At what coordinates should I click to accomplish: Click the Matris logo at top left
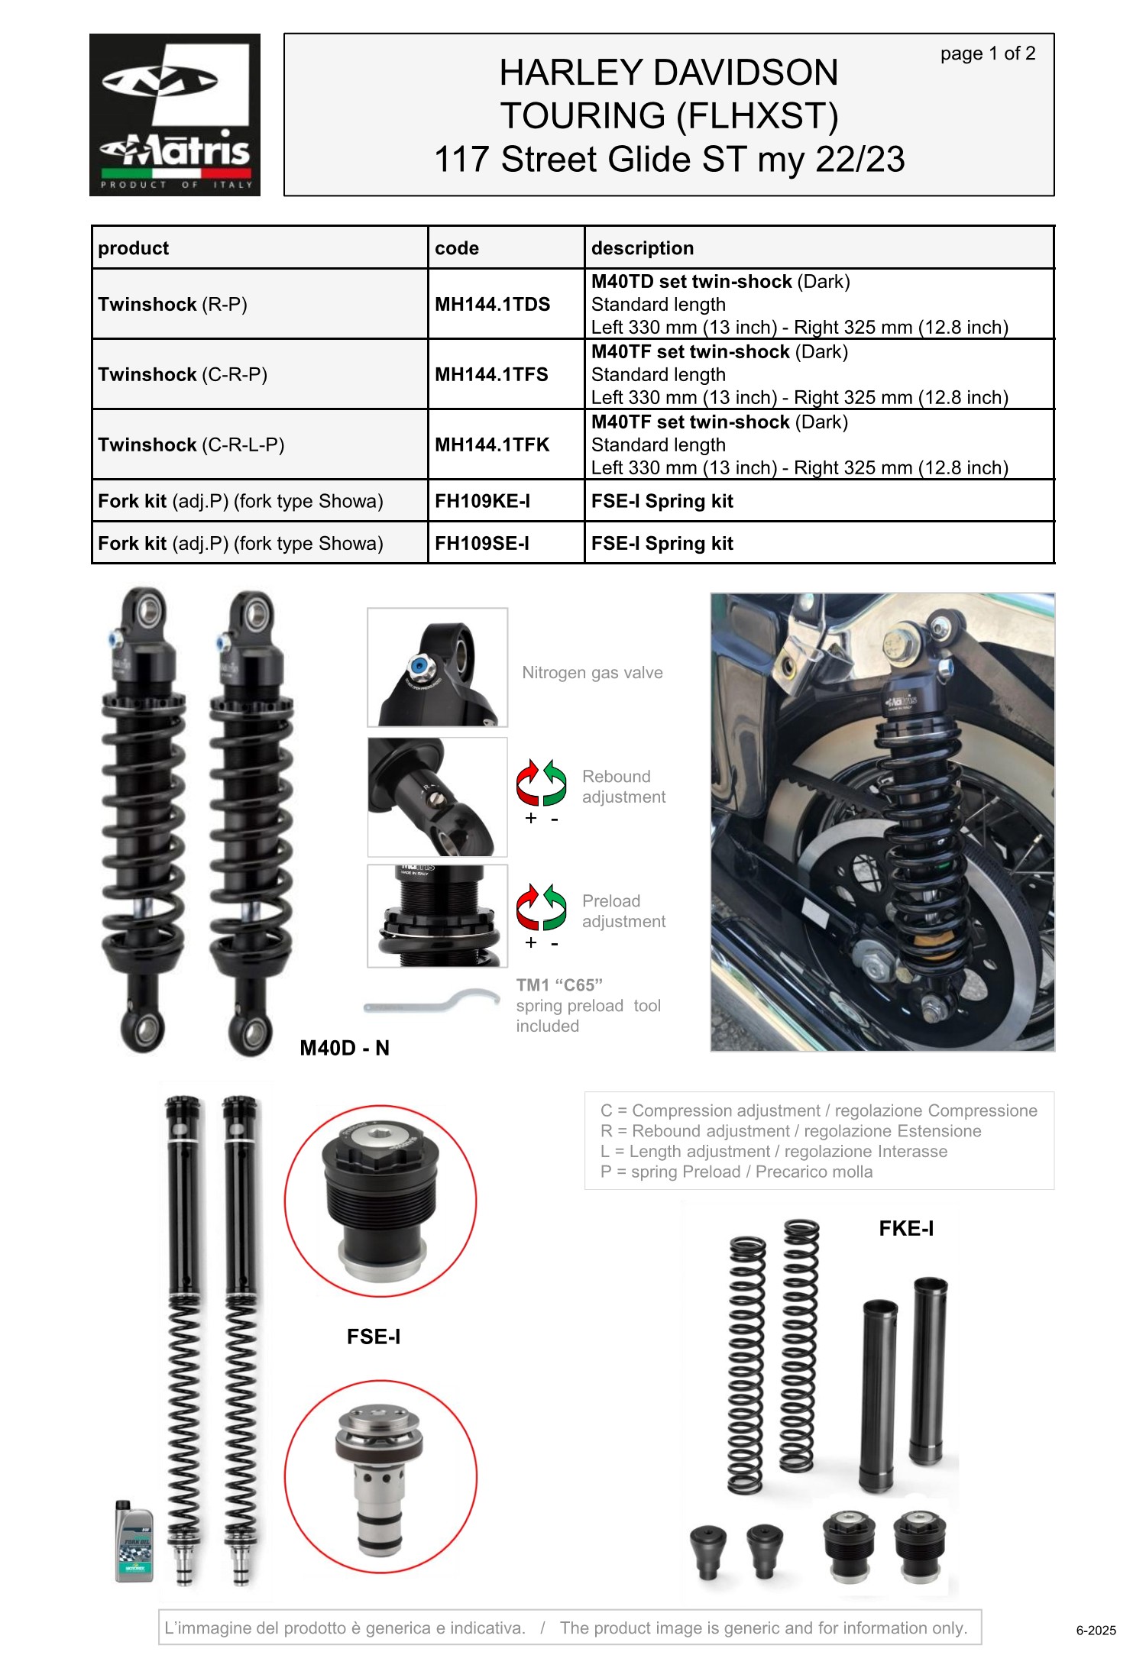(x=175, y=115)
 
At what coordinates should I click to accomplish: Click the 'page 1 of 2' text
(x=988, y=53)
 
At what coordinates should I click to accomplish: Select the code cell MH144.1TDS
(x=493, y=304)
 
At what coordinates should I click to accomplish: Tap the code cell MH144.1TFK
(x=492, y=444)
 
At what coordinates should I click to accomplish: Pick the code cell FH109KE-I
(x=482, y=501)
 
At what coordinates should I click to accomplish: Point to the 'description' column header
(x=643, y=248)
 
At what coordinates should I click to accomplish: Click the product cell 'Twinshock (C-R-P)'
(x=183, y=374)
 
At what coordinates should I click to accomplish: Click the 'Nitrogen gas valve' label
(x=592, y=673)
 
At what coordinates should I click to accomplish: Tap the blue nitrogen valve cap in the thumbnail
(x=417, y=666)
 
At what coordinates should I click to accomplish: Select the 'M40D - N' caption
(x=345, y=1048)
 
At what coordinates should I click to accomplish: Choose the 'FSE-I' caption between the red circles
(x=374, y=1337)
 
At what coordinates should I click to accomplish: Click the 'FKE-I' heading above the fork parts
(x=906, y=1228)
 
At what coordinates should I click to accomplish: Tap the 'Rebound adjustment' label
(x=623, y=787)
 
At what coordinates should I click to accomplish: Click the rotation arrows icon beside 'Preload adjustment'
(x=541, y=907)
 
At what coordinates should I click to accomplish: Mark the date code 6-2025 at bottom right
(x=1096, y=1631)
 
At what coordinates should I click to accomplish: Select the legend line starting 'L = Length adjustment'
(x=774, y=1152)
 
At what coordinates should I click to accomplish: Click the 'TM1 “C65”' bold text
(x=559, y=985)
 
